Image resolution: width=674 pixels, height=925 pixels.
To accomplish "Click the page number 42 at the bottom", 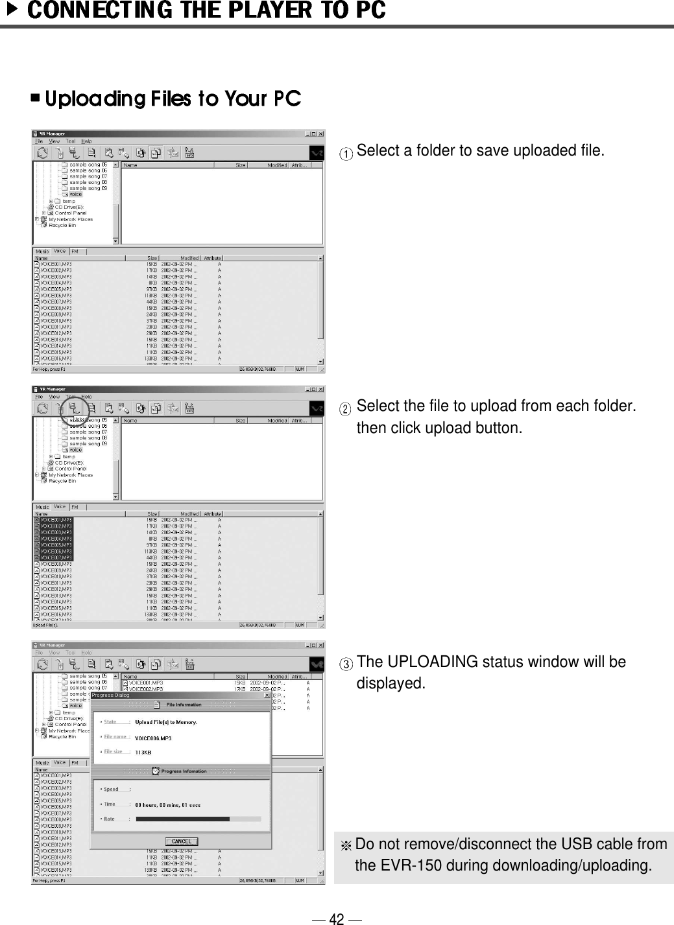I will coord(337,919).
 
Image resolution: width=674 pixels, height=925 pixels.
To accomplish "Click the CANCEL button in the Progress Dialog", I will coord(181,841).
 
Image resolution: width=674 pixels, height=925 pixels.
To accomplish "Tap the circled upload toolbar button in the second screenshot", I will coord(76,409).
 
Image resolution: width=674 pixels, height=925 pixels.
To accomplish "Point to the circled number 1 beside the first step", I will coord(348,154).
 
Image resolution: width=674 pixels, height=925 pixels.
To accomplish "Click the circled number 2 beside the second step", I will coord(348,409).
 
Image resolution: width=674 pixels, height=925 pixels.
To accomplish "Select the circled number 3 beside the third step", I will coord(348,664).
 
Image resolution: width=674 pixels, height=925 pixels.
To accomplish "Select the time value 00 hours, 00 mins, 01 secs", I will coord(167,805).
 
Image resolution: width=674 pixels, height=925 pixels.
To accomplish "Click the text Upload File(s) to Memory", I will coord(165,722).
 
